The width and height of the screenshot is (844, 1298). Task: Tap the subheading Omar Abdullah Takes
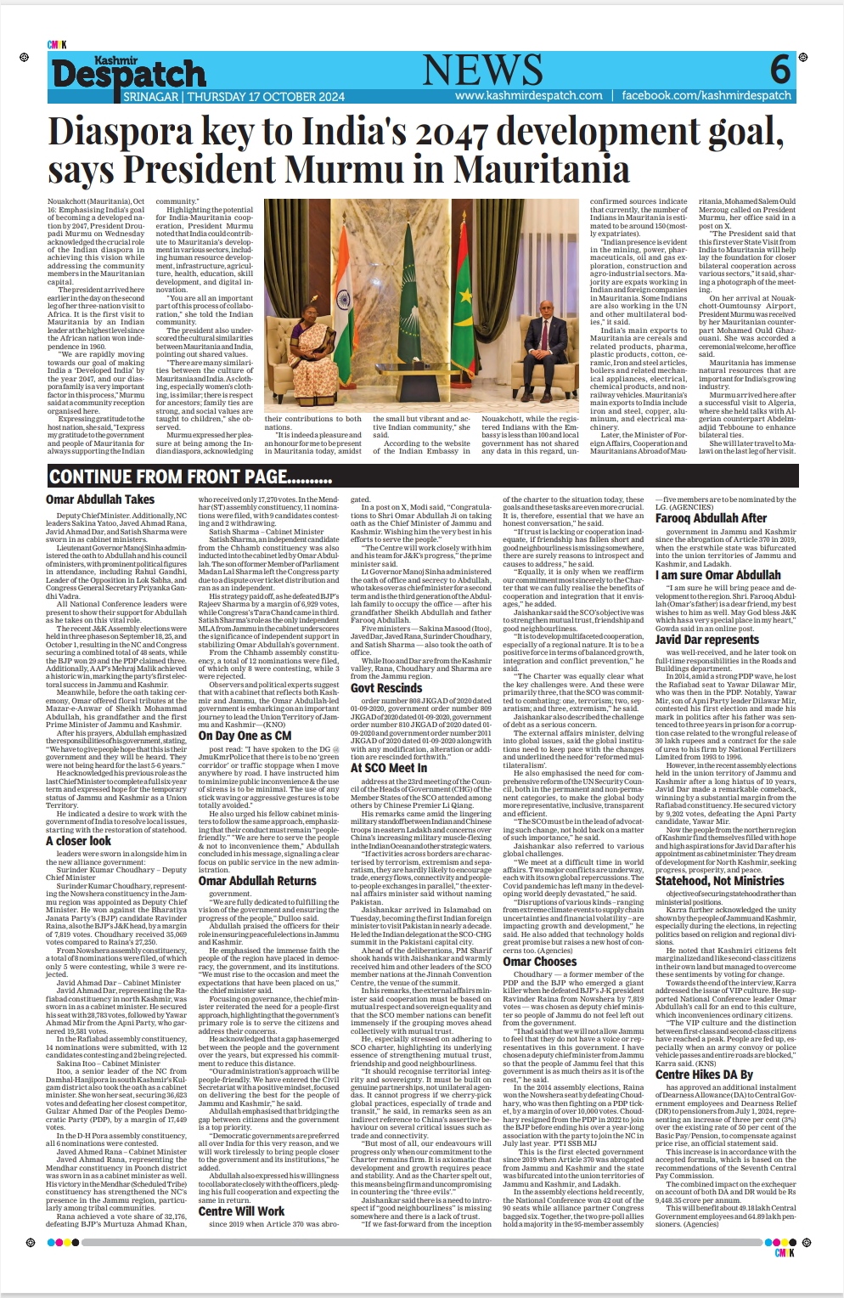(100, 499)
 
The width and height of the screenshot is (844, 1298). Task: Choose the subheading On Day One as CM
(245, 736)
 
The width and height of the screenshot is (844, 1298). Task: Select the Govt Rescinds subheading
(386, 688)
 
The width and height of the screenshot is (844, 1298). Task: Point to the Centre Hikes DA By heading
(704, 1075)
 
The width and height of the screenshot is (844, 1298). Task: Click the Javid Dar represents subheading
(706, 640)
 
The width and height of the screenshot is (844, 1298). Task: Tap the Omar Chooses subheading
(539, 962)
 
